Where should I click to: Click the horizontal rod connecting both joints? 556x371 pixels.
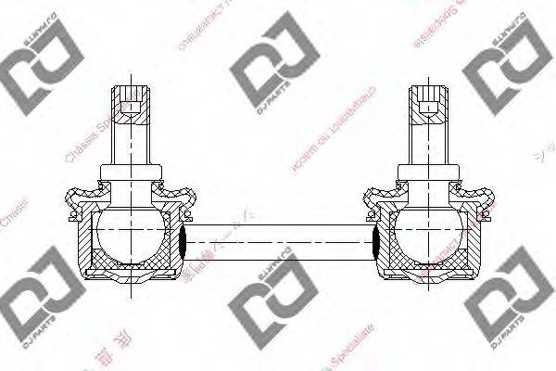[278, 240]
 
